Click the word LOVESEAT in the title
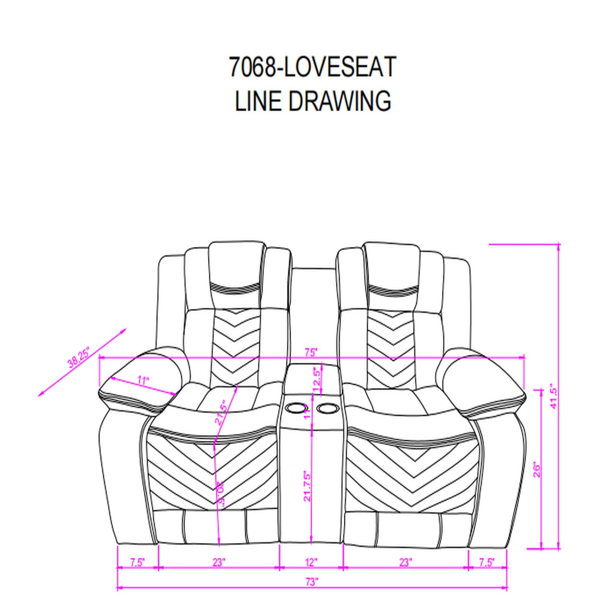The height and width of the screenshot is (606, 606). point(339,67)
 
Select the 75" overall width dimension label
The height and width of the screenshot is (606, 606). point(311,352)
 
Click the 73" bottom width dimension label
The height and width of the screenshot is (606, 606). point(311,582)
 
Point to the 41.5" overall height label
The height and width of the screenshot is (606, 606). point(554,396)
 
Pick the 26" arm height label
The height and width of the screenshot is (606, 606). point(537,469)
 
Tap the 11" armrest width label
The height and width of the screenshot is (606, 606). point(143,380)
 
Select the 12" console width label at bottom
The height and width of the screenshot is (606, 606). point(311,562)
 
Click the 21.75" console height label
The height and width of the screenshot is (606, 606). point(308,486)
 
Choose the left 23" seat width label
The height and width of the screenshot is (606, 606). point(219,562)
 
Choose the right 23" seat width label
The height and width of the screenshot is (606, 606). point(405,562)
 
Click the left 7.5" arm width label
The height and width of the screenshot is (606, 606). point(137,562)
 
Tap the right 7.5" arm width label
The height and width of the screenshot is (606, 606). point(486,562)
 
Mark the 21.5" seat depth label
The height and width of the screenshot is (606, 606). point(221,413)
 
